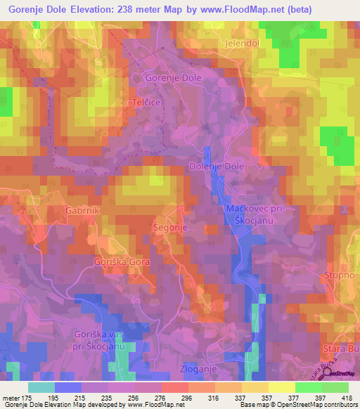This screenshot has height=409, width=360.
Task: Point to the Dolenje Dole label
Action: (216, 167)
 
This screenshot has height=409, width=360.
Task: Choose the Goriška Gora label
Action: (118, 261)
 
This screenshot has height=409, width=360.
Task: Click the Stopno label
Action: (340, 274)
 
